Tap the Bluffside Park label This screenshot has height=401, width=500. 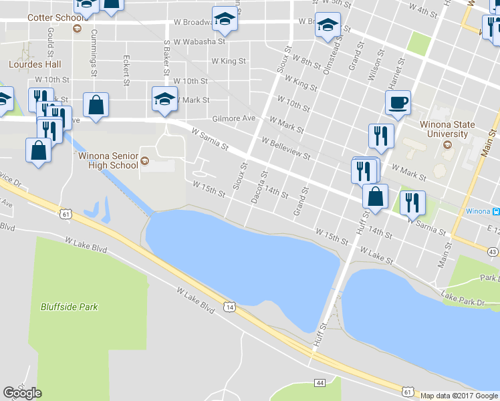click(x=69, y=307)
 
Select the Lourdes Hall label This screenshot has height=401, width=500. click(x=35, y=65)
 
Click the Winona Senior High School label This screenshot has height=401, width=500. click(x=108, y=160)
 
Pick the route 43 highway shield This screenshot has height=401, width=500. click(x=493, y=251)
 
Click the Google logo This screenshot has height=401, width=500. click(x=22, y=393)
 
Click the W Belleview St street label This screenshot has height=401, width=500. click(x=286, y=149)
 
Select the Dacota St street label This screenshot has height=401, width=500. click(x=257, y=186)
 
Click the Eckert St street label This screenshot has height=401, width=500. click(x=126, y=70)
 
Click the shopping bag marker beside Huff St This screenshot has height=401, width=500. click(x=375, y=197)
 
